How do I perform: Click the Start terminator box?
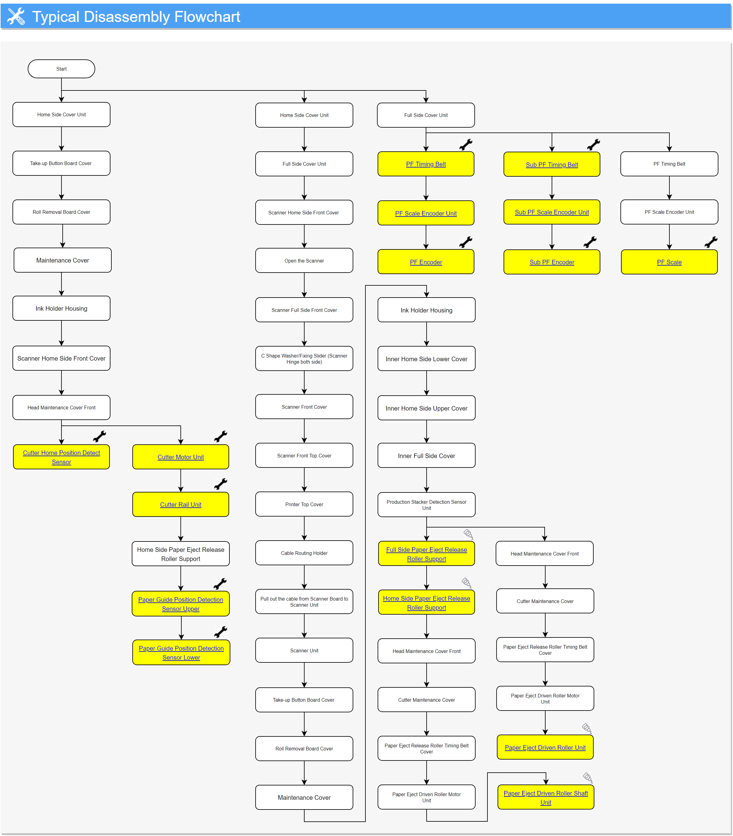tap(61, 69)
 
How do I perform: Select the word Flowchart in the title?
tap(207, 17)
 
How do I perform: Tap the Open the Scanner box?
tap(304, 260)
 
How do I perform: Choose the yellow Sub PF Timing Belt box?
tap(552, 164)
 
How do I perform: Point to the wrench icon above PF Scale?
tap(711, 242)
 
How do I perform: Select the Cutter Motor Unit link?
tap(181, 457)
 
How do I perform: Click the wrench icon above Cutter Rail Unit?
tap(221, 484)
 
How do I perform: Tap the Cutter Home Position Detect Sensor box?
tap(61, 457)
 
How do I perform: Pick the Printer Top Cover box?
tap(304, 504)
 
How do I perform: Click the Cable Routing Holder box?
tap(304, 553)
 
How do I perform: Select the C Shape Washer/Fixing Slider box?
tap(304, 359)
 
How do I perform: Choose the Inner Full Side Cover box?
tap(426, 456)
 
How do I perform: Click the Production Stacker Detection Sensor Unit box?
tap(426, 505)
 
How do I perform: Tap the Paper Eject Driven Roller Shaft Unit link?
tap(546, 798)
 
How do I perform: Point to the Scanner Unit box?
tap(304, 650)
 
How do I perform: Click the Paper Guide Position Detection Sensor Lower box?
tap(181, 653)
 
